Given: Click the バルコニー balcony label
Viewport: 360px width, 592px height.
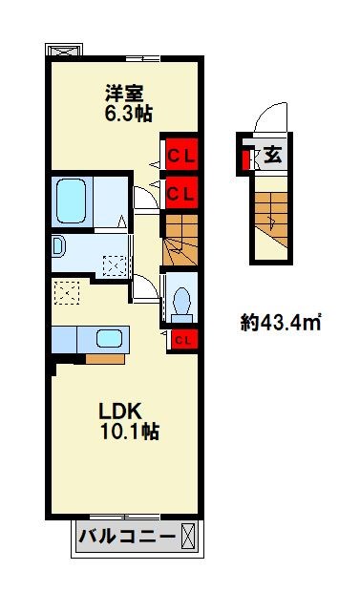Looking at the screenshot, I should (x=127, y=536).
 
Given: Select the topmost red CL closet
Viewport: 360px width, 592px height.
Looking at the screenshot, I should (x=179, y=152).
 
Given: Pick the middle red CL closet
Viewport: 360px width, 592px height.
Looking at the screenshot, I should (x=179, y=191).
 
